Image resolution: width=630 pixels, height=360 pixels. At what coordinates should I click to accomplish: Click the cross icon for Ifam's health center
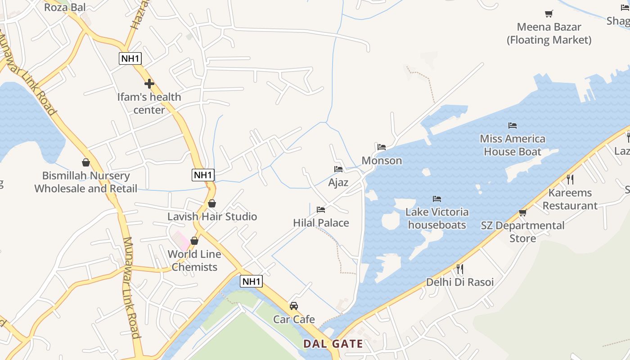pyautogui.click(x=149, y=84)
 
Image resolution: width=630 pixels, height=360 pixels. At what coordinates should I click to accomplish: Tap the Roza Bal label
pyautogui.click(x=65, y=7)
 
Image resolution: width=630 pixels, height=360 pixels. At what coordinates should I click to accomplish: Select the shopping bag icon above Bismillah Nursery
pyautogui.click(x=86, y=162)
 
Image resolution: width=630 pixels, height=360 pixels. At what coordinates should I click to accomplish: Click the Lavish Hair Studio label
pyautogui.click(x=212, y=216)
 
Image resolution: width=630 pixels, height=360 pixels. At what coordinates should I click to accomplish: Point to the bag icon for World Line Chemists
pyautogui.click(x=194, y=241)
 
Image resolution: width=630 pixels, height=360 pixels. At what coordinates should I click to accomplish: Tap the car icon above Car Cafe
pyautogui.click(x=294, y=306)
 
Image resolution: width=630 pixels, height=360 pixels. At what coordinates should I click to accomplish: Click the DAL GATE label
pyautogui.click(x=333, y=344)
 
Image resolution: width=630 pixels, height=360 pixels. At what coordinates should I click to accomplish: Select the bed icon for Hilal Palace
pyautogui.click(x=321, y=210)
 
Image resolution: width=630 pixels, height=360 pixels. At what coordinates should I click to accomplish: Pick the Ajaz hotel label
pyautogui.click(x=338, y=182)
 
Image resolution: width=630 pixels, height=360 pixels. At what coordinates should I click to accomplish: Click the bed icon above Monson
pyautogui.click(x=382, y=147)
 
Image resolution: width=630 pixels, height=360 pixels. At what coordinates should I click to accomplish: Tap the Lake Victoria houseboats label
pyautogui.click(x=437, y=218)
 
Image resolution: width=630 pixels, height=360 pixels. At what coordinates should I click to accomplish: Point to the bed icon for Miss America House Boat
pyautogui.click(x=513, y=126)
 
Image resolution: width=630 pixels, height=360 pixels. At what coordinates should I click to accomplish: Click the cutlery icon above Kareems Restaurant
pyautogui.click(x=570, y=180)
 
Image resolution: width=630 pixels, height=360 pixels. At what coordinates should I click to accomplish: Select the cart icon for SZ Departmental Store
pyautogui.click(x=522, y=212)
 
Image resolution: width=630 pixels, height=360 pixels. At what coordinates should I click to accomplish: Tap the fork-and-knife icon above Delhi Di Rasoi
pyautogui.click(x=460, y=269)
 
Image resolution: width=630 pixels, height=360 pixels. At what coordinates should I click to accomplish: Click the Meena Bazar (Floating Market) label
pyautogui.click(x=549, y=33)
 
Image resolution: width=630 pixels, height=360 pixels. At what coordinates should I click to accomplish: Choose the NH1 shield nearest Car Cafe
pyautogui.click(x=251, y=282)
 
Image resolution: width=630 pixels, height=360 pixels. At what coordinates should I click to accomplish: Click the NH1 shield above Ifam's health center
pyautogui.click(x=130, y=58)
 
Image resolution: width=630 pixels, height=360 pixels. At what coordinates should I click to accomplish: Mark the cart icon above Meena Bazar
pyautogui.click(x=549, y=14)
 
